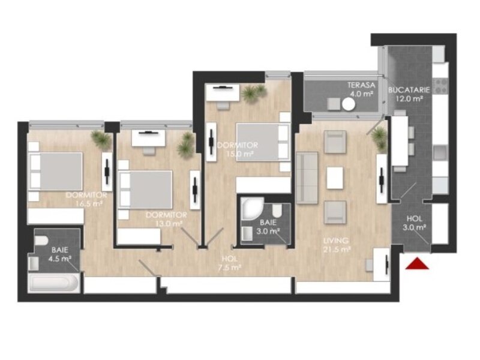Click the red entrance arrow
click(417, 263)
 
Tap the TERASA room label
click(361, 85)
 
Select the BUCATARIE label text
click(409, 90)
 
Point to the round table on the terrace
click(349, 104)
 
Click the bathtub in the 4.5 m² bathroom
click(54, 283)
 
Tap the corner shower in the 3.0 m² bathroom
click(252, 208)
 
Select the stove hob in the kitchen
click(440, 86)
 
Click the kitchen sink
click(440, 153)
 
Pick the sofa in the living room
click(307, 178)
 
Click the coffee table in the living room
click(335, 178)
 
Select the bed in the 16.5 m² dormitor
click(55, 172)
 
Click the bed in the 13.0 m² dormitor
click(145, 190)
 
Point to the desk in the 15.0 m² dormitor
click(222, 92)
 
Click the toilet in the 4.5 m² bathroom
click(41, 241)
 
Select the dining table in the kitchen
click(400, 141)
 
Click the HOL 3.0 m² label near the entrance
click(415, 223)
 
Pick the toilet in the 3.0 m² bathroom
click(277, 210)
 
